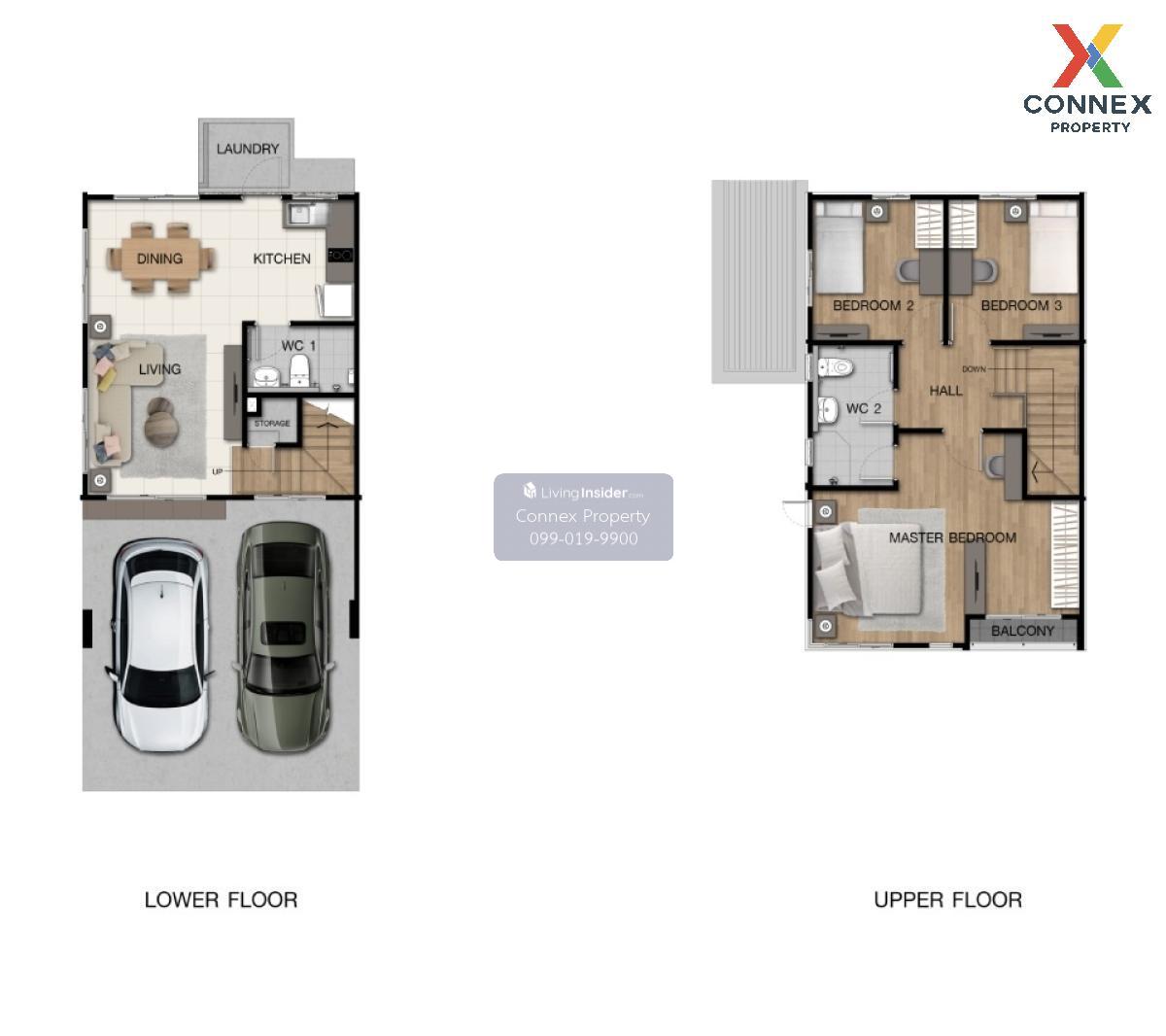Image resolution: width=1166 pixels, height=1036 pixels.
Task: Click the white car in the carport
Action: point(159,644)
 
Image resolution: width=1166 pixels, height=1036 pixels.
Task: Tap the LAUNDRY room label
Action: point(248,149)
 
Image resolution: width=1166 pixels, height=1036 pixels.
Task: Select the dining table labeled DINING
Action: point(160,259)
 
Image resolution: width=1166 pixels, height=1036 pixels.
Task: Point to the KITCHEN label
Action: point(282,259)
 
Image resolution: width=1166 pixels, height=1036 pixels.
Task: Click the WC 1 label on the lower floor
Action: point(298,345)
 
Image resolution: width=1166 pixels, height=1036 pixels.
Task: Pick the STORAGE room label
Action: point(272,423)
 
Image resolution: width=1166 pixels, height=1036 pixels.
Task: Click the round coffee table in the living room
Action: point(160,422)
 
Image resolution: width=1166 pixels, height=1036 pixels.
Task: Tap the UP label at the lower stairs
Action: point(217,471)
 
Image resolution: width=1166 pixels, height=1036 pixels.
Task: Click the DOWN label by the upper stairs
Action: point(974,369)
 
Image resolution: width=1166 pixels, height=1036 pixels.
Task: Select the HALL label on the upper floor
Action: point(945,391)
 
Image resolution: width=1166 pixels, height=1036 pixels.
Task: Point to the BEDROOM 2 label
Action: point(874,305)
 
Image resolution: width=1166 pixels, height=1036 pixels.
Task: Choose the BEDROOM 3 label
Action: point(1021,305)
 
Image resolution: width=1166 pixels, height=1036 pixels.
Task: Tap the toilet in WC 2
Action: point(835,366)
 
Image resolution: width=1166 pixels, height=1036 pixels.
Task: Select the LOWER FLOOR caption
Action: point(221,899)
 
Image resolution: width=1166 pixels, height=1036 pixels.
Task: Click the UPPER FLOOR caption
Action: point(948,899)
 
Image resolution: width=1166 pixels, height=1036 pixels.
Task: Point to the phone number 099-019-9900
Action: point(583,538)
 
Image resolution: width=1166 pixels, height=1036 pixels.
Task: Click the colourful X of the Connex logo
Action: point(1087,55)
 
